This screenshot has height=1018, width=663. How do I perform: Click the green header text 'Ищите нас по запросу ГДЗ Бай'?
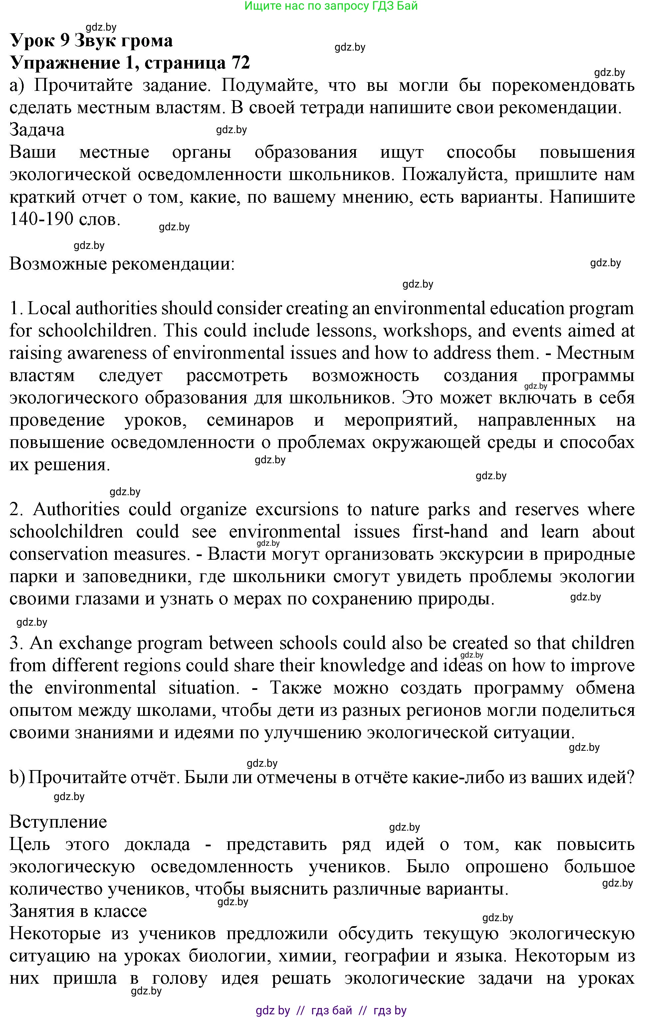pos(331,6)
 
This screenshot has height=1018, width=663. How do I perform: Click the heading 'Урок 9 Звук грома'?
pos(91,41)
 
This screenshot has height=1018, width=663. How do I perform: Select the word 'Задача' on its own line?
pos(37,129)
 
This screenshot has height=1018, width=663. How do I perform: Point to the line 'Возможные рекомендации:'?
pos(122,264)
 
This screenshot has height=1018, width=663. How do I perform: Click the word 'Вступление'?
pos(58,822)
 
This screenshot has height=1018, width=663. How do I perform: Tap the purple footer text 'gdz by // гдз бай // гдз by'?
pos(331,1010)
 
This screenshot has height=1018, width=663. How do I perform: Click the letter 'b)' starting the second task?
pos(17,777)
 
